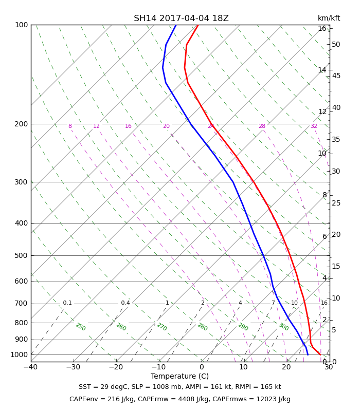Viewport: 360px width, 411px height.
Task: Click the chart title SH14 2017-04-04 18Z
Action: click(181, 18)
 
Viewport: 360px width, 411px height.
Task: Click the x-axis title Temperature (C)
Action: click(179, 376)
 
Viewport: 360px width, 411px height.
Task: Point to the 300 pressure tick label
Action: click(21, 182)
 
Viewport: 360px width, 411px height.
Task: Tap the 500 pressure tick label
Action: click(21, 256)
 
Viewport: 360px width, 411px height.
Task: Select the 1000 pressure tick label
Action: click(19, 355)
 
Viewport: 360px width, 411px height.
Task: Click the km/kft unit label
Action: click(329, 18)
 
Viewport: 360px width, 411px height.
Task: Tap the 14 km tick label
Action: click(322, 70)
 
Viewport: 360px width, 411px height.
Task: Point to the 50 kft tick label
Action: click(336, 45)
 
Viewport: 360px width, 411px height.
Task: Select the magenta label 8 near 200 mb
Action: click(70, 126)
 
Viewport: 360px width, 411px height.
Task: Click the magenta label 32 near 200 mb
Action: click(314, 126)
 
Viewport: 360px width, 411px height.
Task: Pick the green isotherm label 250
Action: click(80, 327)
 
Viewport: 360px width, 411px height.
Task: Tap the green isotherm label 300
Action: click(283, 327)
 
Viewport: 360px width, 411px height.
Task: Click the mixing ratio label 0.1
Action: click(67, 303)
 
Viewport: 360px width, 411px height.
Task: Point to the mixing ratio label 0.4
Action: click(125, 303)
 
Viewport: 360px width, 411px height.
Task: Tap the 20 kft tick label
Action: click(336, 235)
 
